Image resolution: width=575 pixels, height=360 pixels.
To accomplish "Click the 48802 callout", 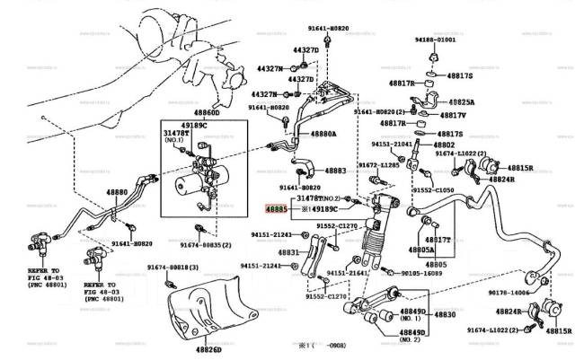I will (x=445, y=144).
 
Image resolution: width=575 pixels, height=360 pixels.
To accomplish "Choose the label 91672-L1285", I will (x=380, y=165).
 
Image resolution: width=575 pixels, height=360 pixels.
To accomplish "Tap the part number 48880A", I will (x=323, y=134).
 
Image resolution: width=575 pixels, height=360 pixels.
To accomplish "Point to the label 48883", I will (x=335, y=170).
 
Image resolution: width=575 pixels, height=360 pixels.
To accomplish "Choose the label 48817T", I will (x=438, y=240).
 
